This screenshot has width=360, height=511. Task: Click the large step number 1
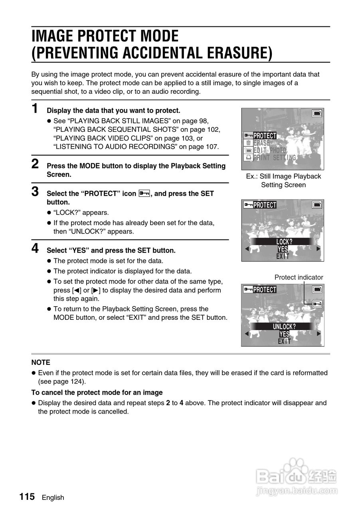tap(35, 108)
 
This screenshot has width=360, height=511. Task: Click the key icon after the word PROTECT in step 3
tap(144, 193)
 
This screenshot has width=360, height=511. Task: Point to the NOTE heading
tap(41, 362)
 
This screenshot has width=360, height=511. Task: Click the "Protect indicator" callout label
tap(299, 277)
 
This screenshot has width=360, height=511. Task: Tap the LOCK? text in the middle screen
tap(284, 242)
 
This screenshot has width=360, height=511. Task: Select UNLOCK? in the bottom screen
tap(284, 326)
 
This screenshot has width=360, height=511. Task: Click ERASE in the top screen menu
tap(262, 143)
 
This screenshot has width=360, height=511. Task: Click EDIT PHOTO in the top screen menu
tap(270, 150)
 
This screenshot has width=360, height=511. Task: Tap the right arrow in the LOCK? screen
tap(318, 249)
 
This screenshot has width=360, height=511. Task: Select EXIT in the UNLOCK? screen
tap(284, 341)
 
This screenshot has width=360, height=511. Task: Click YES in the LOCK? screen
tap(283, 249)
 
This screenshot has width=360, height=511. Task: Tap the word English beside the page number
tap(53, 497)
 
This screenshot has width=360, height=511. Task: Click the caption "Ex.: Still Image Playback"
tap(283, 176)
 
